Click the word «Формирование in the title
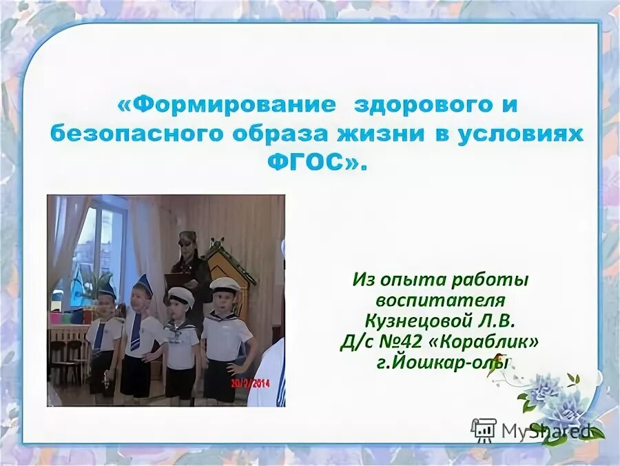point(227,105)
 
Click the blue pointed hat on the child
point(144,283)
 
